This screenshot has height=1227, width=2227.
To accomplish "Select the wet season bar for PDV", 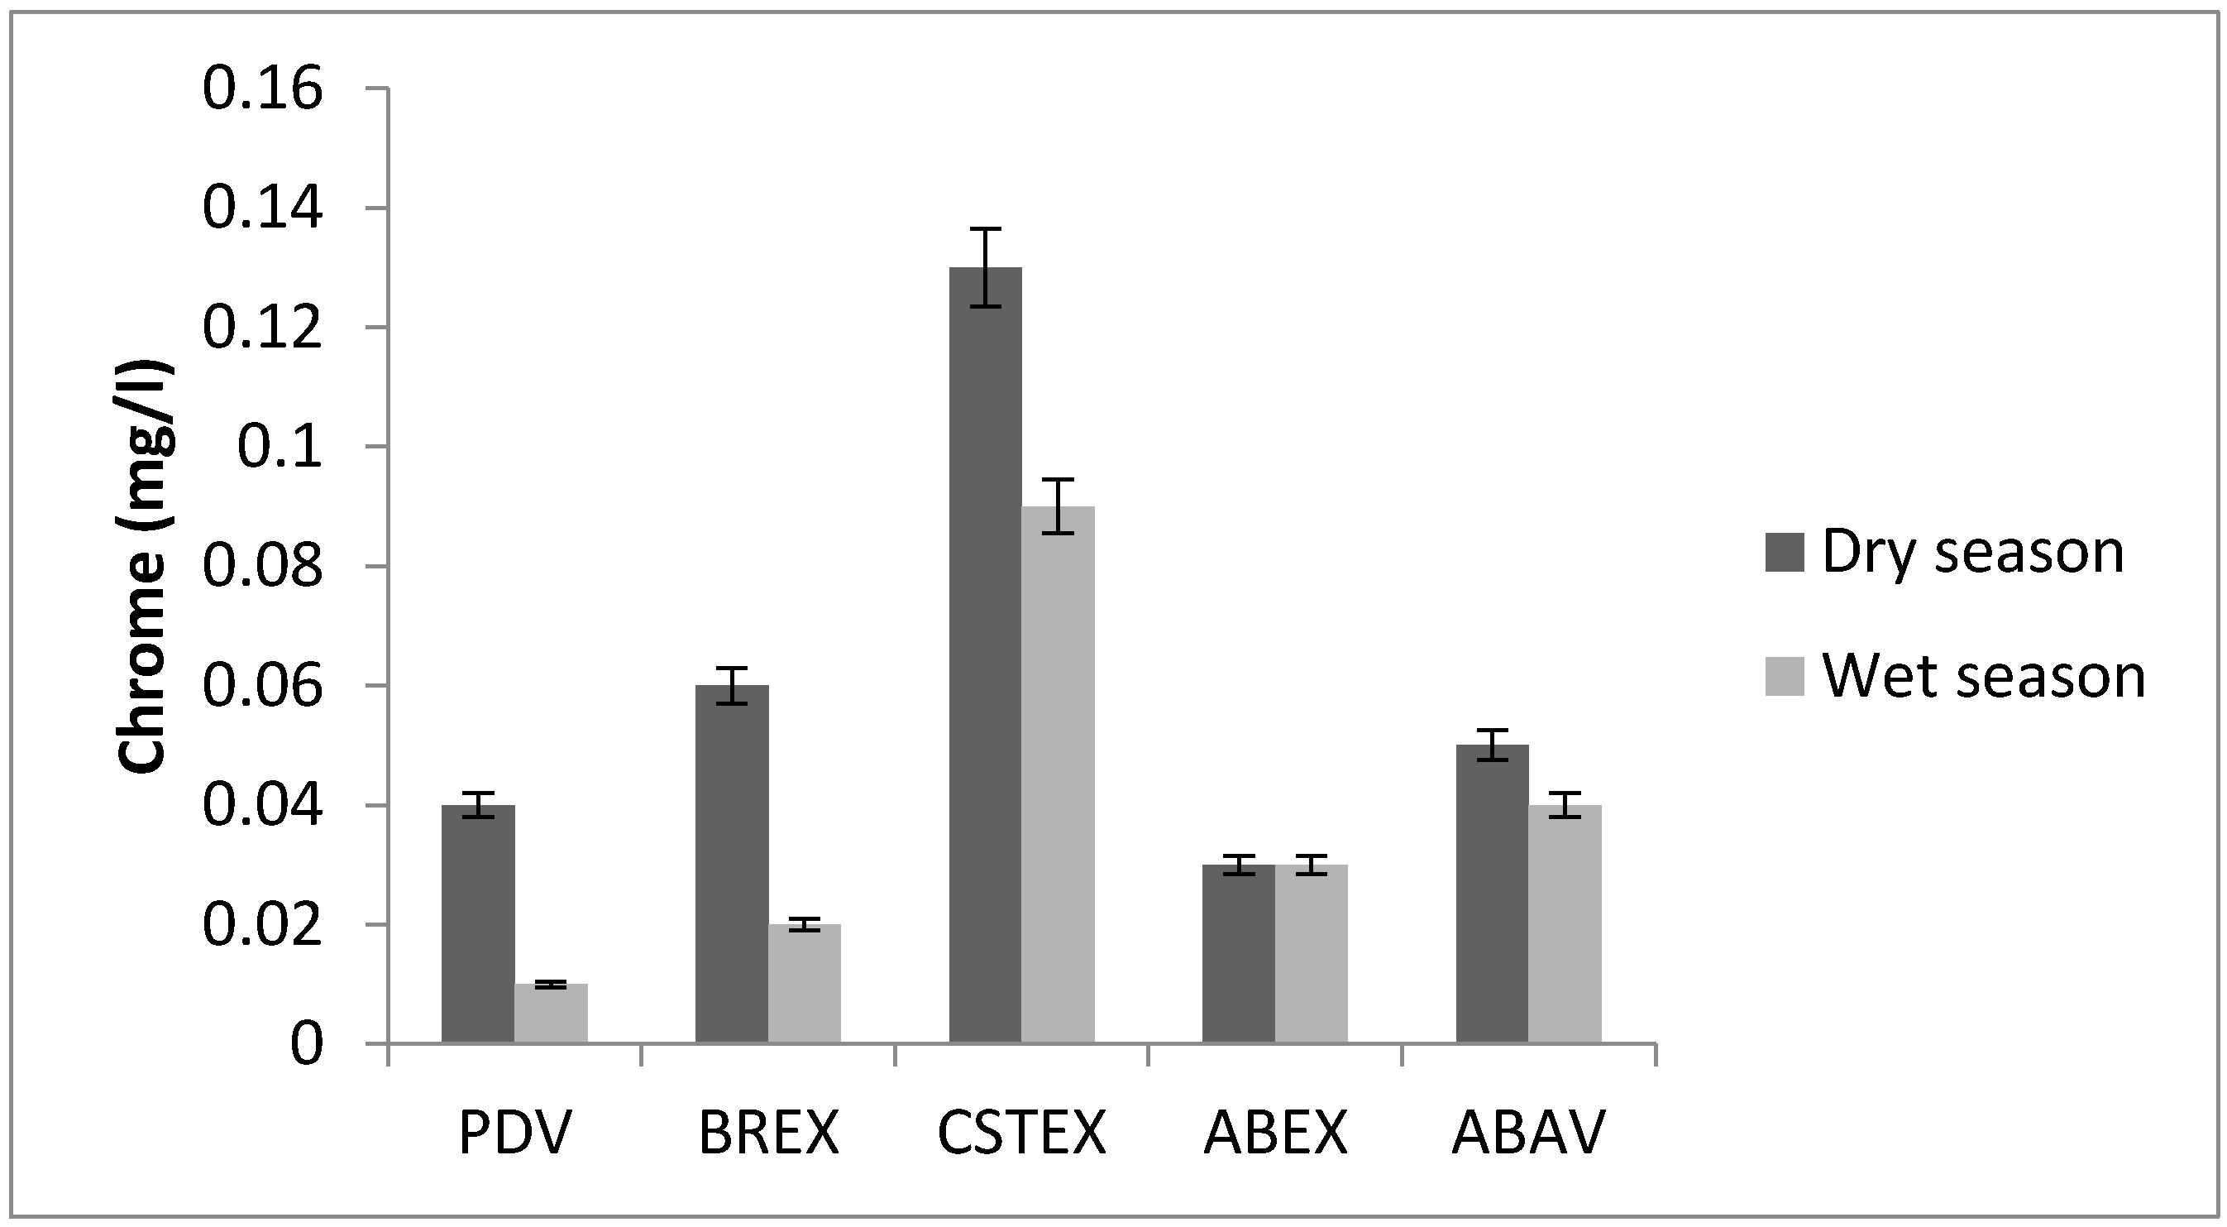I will pos(551,1014).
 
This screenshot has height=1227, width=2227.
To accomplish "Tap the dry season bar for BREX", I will pos(731,865).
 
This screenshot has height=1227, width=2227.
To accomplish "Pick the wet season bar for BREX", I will pos(804,984).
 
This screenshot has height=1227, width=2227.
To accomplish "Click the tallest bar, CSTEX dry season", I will pos(985,657).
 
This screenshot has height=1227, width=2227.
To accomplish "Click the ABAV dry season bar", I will pos(1492,894).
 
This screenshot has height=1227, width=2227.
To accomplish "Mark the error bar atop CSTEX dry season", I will pos(985,267).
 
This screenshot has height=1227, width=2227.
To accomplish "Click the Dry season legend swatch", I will pos(1785,552).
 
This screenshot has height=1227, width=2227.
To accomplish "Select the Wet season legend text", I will pos(1983,676).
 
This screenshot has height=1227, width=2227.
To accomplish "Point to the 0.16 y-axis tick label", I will pos(262,89).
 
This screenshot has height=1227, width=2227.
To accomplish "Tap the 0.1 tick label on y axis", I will pos(280,447).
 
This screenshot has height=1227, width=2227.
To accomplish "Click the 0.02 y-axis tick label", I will pos(262,925).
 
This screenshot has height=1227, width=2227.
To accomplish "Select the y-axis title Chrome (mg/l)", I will pos(144,567).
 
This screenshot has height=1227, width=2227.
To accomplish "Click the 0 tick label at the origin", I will pos(306,1044).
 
